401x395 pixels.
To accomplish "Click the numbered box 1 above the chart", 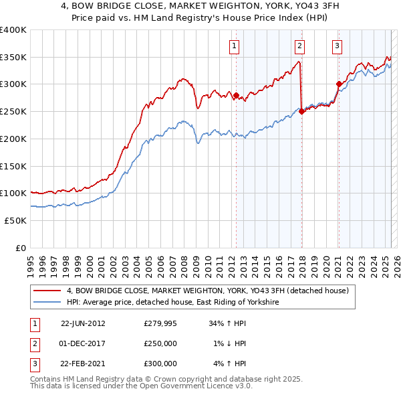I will point(235,46).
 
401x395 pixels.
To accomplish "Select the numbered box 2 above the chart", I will point(299,46).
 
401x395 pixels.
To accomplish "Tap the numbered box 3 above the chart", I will point(338,46).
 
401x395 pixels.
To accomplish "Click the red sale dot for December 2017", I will point(301,112).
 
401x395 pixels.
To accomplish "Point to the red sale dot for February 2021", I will point(339,84).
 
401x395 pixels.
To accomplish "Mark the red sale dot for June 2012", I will point(236,95).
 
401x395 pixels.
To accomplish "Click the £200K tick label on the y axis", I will point(13,139).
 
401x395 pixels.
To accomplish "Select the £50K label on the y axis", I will point(16,220).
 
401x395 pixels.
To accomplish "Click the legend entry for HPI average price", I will point(172,303).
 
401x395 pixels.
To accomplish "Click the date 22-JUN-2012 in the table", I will point(83,323).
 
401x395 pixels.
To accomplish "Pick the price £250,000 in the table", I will point(160,343).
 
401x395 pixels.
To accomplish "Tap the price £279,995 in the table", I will point(160,323).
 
